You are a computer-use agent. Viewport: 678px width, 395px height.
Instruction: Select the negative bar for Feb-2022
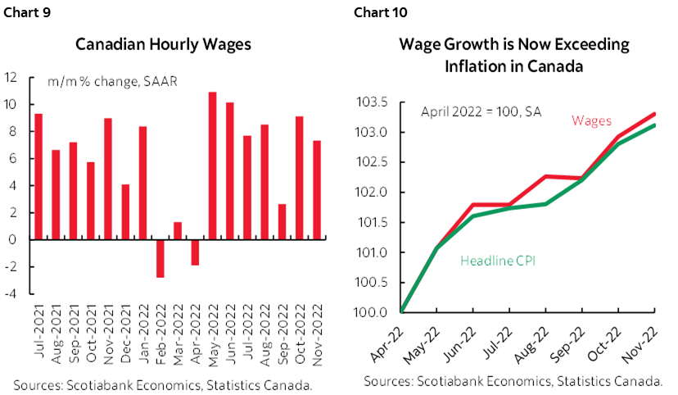(160, 258)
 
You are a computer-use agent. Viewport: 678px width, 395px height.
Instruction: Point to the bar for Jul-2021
(38, 176)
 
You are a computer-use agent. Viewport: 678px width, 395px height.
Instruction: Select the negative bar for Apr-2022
(196, 252)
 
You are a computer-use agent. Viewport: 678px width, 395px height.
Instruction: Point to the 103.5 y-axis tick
(372, 102)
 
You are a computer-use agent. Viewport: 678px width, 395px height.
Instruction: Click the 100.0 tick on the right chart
(372, 312)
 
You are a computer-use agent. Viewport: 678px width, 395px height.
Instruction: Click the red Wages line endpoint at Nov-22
(655, 114)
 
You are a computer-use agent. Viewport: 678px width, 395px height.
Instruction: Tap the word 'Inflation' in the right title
(475, 67)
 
